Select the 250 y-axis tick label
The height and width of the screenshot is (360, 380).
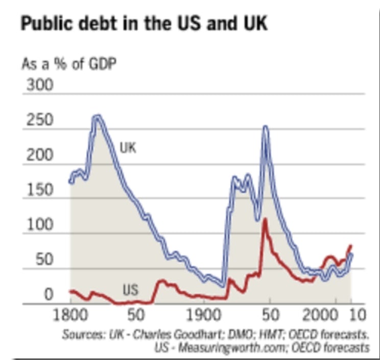point(39,121)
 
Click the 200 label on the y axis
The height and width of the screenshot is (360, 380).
point(39,155)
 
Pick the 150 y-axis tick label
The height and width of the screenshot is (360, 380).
point(39,191)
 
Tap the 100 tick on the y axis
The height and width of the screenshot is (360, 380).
point(39,226)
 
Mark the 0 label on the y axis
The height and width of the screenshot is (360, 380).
point(47,296)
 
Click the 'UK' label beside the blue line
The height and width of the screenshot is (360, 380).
point(128,148)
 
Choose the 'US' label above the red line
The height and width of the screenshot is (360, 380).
point(130,290)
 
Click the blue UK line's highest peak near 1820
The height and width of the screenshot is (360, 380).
point(97,117)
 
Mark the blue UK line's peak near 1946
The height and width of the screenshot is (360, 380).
point(266,127)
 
